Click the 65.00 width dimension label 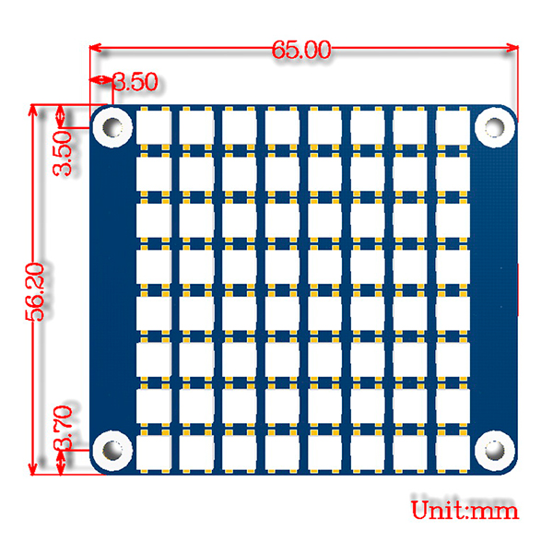point(301,50)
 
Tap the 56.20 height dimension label point(36,292)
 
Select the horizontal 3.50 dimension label point(135,82)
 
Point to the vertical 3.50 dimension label point(63,153)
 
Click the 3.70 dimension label point(63,428)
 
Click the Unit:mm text point(465,510)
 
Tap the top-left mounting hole point(112,127)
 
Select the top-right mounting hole point(494,127)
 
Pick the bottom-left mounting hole point(112,451)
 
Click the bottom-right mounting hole point(494,451)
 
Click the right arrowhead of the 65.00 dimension point(512,47)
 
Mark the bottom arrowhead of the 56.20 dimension point(32,469)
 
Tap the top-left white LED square point(154,127)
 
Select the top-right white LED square point(453,127)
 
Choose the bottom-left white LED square point(154,453)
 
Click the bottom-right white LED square point(453,453)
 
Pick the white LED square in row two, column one point(154,174)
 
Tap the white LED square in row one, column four point(282,127)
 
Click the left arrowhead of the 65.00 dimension point(96,47)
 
